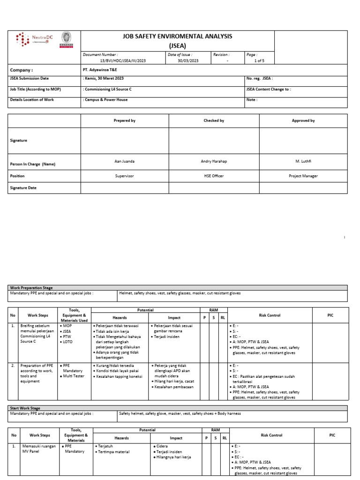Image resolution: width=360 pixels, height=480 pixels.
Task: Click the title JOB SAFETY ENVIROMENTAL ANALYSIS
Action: click(177, 36)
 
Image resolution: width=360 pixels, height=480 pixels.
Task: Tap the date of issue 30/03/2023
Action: click(188, 61)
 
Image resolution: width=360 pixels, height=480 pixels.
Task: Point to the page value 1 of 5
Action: click(259, 61)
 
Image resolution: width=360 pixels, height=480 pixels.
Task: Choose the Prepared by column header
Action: click(125, 120)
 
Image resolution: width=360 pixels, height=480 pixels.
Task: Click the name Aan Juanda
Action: click(125, 161)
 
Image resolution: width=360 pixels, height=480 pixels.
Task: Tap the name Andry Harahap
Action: click(214, 161)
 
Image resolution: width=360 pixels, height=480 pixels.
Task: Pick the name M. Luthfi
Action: click(303, 161)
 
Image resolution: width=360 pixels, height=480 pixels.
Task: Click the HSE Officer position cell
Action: click(214, 176)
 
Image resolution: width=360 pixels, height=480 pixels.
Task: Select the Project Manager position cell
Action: click(303, 176)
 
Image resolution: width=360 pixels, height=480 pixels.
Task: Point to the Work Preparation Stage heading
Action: click(31, 287)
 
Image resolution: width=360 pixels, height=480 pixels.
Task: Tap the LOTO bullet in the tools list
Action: click(67, 343)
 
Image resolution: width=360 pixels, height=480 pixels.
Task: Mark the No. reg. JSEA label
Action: click(259, 78)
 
